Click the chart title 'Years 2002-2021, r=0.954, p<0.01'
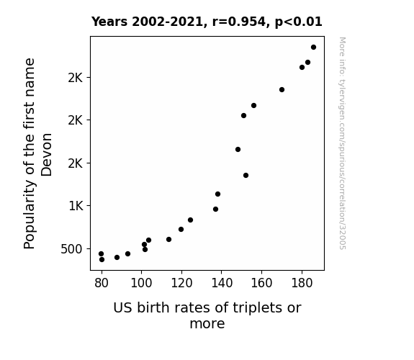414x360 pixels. [x=207, y=22]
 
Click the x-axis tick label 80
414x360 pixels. [x=102, y=283]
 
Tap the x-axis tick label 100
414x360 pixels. [x=141, y=283]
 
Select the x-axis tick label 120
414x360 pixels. [x=181, y=283]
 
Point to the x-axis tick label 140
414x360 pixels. [x=222, y=283]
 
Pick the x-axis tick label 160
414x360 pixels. [x=261, y=283]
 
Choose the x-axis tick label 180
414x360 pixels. [x=302, y=283]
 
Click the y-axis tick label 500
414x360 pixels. [x=72, y=249]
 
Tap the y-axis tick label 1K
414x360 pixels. [x=76, y=206]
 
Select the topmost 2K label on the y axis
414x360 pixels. [x=76, y=78]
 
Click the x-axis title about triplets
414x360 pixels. [x=207, y=315]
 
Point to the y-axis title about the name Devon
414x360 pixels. [x=37, y=153]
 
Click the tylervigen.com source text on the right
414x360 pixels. [x=342, y=143]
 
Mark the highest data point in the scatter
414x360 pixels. [x=313, y=48]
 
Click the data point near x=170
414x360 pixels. [x=282, y=90]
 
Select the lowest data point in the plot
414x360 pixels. [x=102, y=260]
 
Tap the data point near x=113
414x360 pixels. [x=168, y=240]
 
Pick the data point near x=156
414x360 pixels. [x=253, y=106]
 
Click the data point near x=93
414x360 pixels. [x=127, y=254]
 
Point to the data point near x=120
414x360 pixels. [x=181, y=229]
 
